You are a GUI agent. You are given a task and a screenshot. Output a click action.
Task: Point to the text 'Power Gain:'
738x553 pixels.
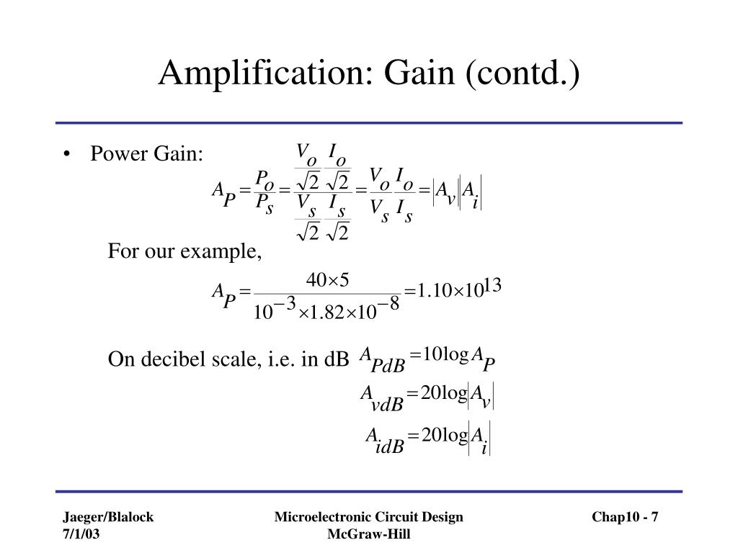(147, 154)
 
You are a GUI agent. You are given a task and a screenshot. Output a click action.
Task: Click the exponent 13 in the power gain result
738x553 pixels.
(492, 287)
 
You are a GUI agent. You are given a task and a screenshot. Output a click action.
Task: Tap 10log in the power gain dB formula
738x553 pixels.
(445, 354)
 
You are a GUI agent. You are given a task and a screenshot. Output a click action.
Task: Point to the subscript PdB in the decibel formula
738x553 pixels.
(388, 367)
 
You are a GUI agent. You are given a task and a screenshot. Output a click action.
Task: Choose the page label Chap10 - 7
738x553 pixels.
(626, 517)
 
